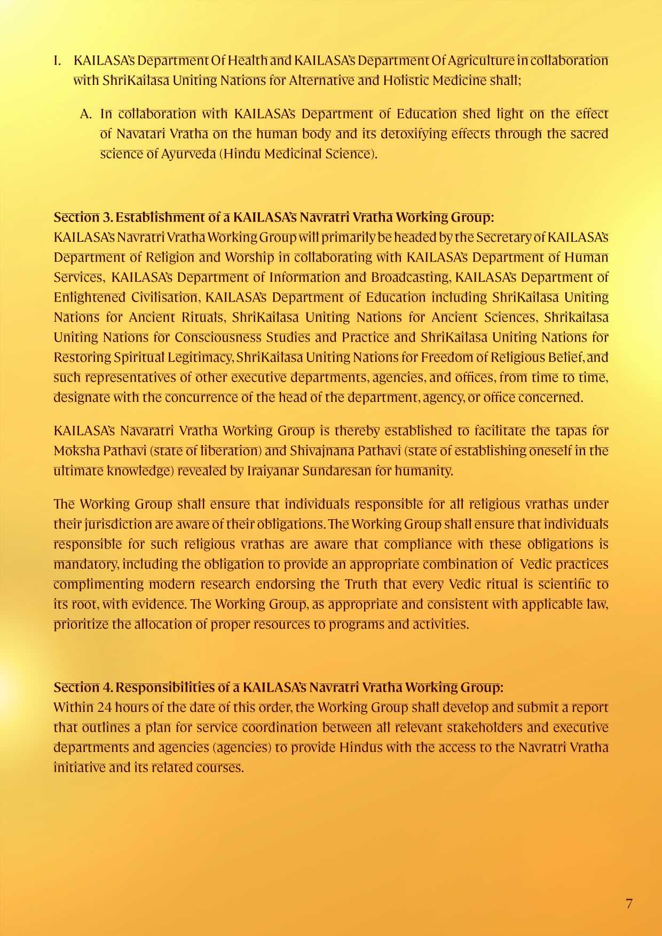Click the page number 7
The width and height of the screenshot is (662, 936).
pyautogui.click(x=629, y=903)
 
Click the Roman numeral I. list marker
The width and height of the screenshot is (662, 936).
pyautogui.click(x=57, y=60)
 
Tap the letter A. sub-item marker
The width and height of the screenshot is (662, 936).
pyautogui.click(x=85, y=114)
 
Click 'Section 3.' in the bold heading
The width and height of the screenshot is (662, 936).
pyautogui.click(x=83, y=217)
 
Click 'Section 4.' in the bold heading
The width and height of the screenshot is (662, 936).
pyautogui.click(x=83, y=687)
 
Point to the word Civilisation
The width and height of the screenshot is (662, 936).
pyautogui.click(x=165, y=297)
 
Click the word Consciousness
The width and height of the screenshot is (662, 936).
pyautogui.click(x=218, y=337)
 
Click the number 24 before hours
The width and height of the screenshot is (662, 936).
pyautogui.click(x=104, y=707)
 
